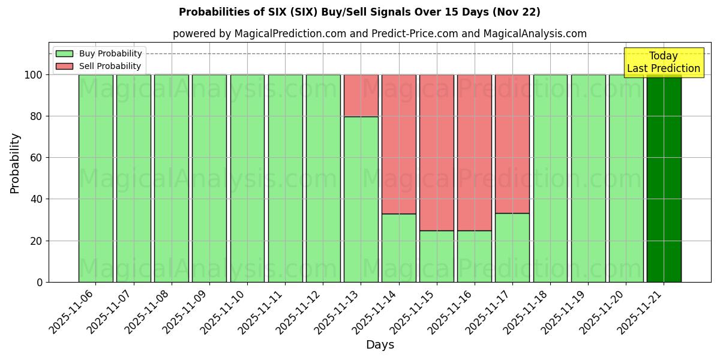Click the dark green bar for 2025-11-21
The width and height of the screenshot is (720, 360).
click(x=664, y=178)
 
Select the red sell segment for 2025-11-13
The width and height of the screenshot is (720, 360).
click(x=361, y=95)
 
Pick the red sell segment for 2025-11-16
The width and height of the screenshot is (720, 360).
click(x=474, y=152)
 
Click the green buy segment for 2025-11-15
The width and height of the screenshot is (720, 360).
click(x=436, y=256)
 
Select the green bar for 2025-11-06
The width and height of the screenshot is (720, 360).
click(x=95, y=178)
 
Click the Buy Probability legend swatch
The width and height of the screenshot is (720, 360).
click(x=64, y=53)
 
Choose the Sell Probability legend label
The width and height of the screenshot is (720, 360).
click(x=110, y=66)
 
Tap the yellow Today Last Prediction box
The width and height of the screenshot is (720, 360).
click(x=663, y=62)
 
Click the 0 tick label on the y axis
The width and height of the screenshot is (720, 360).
click(x=40, y=282)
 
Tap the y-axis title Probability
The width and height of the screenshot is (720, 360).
click(x=15, y=163)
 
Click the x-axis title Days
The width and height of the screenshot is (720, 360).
click(x=380, y=345)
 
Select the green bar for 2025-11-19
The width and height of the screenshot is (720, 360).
click(x=588, y=178)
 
